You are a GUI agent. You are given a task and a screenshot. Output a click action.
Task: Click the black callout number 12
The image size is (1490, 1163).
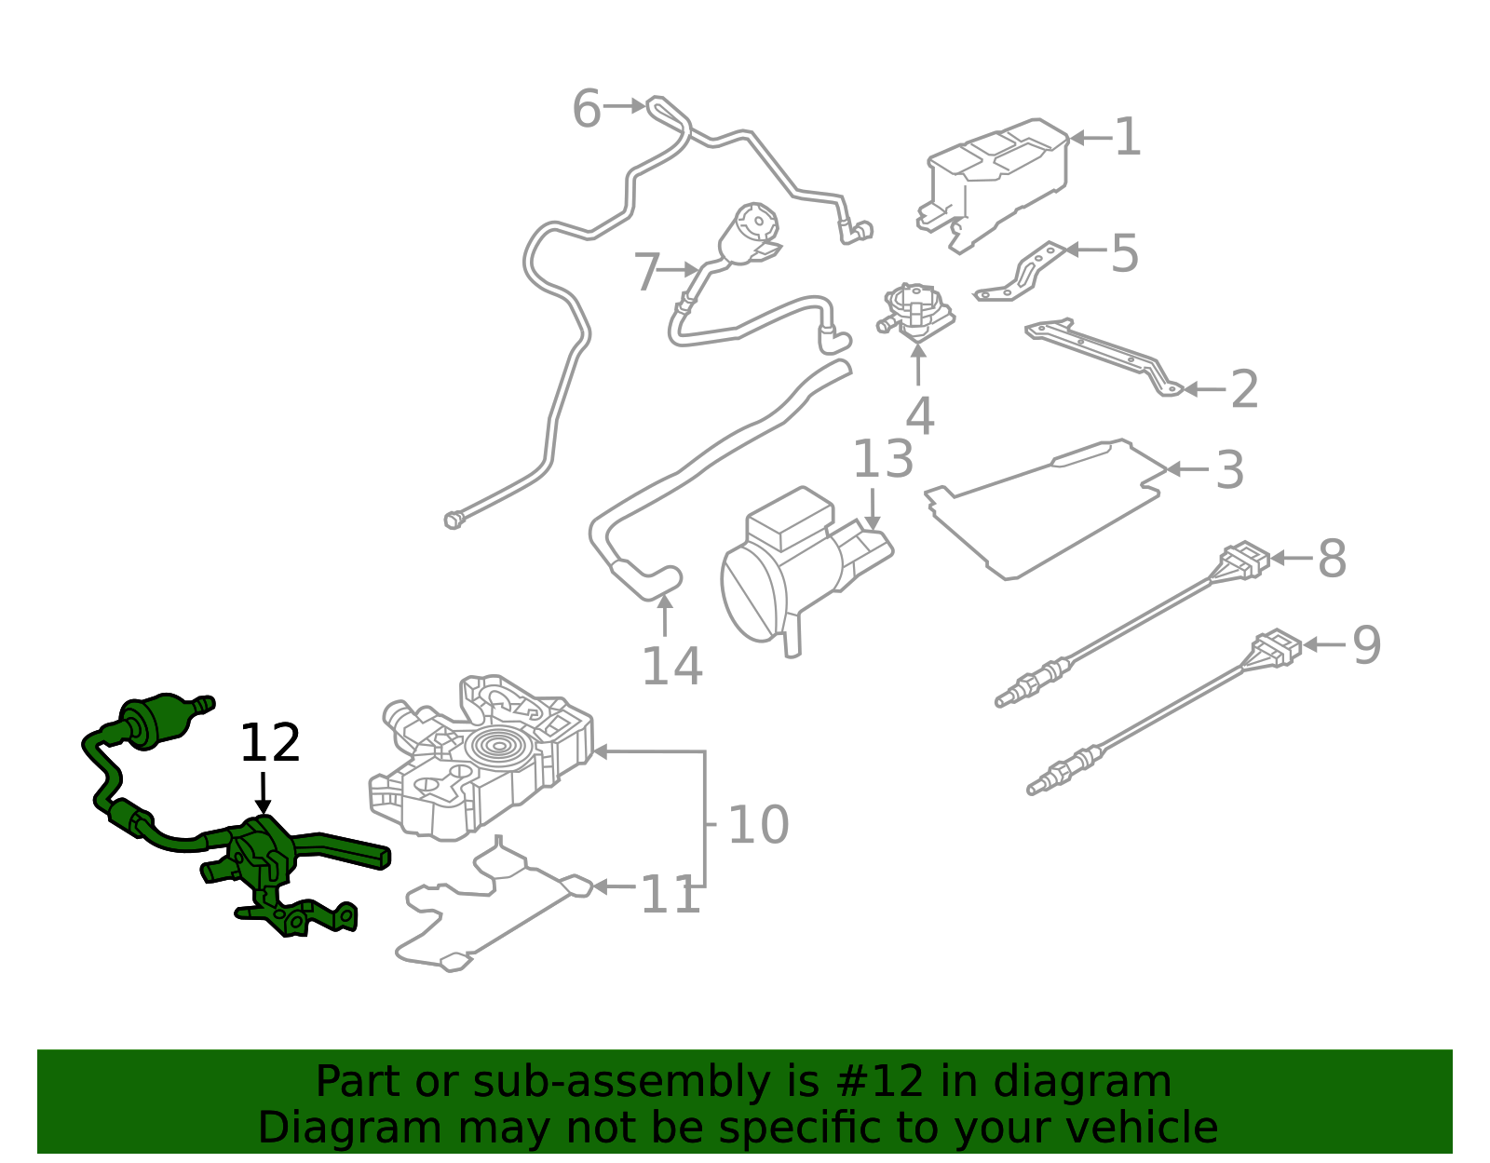[270, 744]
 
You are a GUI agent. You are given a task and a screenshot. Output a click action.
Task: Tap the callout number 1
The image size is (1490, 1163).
[1128, 138]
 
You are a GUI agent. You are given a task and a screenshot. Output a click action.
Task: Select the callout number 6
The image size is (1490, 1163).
[587, 109]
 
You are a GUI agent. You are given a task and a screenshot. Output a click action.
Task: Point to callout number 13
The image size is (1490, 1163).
[883, 460]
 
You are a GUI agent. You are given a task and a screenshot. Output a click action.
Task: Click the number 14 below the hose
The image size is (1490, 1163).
[671, 667]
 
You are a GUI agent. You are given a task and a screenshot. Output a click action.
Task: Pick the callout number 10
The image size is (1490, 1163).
[758, 825]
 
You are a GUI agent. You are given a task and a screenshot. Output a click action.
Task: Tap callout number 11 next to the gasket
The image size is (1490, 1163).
[670, 896]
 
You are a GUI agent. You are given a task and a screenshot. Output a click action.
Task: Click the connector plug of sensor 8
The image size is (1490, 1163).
[1244, 560]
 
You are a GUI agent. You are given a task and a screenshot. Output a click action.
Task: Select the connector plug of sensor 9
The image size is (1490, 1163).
[1276, 648]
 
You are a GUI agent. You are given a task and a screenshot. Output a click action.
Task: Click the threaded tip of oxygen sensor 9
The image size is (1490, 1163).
[1036, 788]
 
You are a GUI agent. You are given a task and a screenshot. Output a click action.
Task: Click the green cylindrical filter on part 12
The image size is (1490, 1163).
[156, 720]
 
